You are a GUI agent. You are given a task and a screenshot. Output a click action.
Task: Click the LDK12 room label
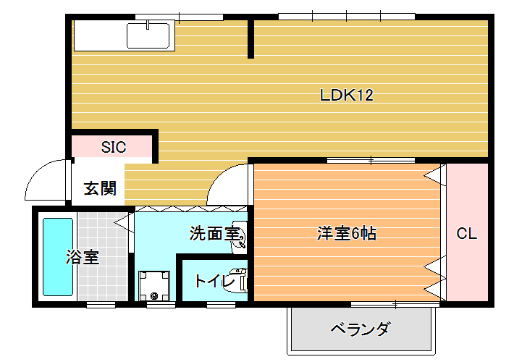point(347,95)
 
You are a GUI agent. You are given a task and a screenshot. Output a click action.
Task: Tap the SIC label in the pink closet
point(114,147)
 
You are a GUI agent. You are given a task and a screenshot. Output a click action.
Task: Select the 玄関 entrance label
point(100,188)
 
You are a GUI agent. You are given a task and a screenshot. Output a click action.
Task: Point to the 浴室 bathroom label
point(83,257)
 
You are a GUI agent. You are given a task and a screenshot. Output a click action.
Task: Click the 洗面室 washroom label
point(215,233)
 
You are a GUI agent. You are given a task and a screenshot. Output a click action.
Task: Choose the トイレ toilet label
point(215,282)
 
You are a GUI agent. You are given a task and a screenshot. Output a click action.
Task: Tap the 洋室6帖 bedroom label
point(347,233)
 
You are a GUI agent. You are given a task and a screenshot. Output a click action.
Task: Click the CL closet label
point(466,234)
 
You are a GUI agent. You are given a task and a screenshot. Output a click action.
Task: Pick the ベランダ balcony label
point(361,329)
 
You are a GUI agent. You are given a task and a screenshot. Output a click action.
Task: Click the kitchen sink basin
point(148,35)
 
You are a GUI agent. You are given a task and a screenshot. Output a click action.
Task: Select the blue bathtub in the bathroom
point(58,258)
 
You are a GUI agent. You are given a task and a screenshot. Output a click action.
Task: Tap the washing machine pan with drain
point(154,285)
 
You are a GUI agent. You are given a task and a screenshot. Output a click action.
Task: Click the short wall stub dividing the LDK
point(250,39)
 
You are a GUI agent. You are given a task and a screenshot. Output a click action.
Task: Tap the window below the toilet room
point(221,305)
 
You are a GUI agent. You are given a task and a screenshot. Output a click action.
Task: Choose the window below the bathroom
point(101,305)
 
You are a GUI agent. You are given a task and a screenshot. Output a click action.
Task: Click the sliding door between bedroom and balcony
point(395,305)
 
